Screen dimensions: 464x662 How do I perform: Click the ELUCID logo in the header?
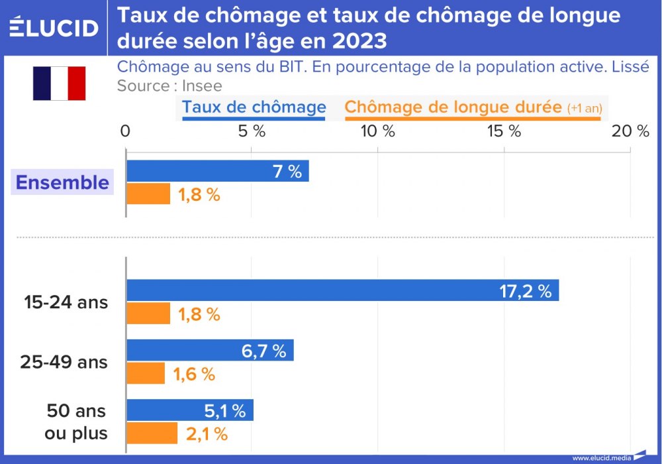tap(54, 27)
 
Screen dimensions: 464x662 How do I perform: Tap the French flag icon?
tap(59, 84)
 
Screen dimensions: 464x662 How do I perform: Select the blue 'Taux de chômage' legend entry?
tap(254, 107)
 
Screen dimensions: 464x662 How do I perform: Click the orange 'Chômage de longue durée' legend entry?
tap(473, 107)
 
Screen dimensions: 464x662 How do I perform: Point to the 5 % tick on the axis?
tap(252, 131)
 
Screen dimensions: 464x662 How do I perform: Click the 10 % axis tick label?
tap(377, 131)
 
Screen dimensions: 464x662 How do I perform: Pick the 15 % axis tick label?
tap(504, 131)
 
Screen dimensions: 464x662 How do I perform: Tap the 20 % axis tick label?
tap(630, 131)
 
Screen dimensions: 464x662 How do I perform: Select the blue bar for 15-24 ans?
tap(342, 290)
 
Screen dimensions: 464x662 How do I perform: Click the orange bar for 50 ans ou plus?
tap(152, 434)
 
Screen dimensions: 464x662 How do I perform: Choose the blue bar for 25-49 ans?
tap(210, 351)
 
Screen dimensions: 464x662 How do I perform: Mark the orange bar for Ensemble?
tap(148, 194)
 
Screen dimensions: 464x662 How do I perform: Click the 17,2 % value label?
tap(525, 291)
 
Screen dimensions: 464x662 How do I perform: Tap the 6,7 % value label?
tap(263, 351)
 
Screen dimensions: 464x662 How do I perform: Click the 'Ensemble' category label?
tap(62, 182)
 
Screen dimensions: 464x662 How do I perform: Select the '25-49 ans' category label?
tap(64, 363)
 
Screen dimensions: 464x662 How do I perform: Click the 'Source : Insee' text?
tap(169, 86)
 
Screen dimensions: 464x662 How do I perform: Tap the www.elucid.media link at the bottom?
tap(601, 457)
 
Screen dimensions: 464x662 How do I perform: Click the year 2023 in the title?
tap(359, 41)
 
